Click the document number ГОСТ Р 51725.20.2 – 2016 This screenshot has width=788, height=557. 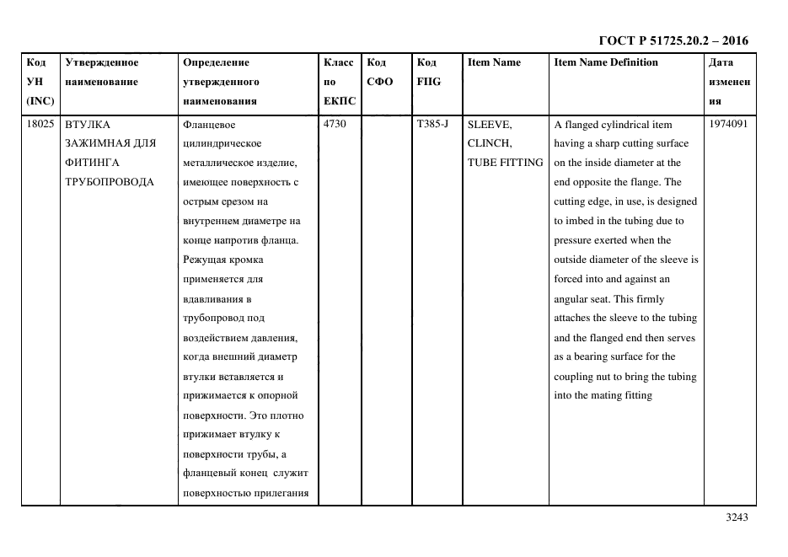(x=673, y=40)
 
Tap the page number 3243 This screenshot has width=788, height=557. (x=737, y=517)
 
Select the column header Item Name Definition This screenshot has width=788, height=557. (x=606, y=62)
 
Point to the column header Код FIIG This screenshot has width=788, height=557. (x=428, y=72)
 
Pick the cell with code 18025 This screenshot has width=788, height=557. (x=40, y=124)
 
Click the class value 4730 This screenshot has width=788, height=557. (x=335, y=124)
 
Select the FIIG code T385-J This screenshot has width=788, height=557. (x=432, y=124)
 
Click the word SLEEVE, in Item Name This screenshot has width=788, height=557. (x=490, y=124)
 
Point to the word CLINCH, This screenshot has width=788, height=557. (x=489, y=143)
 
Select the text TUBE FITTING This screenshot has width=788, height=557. (x=505, y=163)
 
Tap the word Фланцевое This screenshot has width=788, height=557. (x=208, y=124)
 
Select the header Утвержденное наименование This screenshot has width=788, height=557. (x=102, y=72)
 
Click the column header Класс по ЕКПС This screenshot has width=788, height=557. (x=340, y=82)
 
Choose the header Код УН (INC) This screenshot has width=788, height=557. (x=40, y=82)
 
